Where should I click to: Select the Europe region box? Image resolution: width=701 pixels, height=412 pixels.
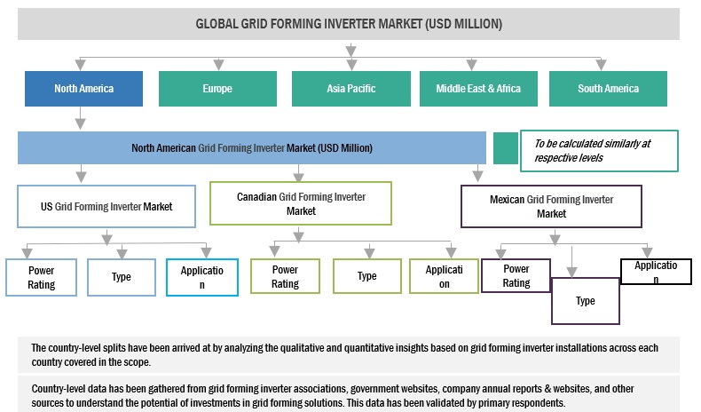pyautogui.click(x=217, y=89)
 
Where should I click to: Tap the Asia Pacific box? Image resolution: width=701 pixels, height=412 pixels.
pyautogui.click(x=350, y=89)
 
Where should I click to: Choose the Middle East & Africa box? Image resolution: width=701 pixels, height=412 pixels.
pyautogui.click(x=479, y=89)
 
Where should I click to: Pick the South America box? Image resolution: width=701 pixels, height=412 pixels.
pyautogui.click(x=608, y=89)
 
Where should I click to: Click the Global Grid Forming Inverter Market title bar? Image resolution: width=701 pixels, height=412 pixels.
pyautogui.click(x=350, y=24)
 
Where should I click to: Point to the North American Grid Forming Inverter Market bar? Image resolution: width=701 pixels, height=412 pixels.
pyautogui.click(x=252, y=147)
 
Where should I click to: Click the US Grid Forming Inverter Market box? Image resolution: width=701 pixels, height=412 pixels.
pyautogui.click(x=106, y=207)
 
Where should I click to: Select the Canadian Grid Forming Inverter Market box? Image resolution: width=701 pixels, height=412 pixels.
pyautogui.click(x=301, y=203)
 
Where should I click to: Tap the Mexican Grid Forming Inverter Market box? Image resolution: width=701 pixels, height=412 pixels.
pyautogui.click(x=551, y=206)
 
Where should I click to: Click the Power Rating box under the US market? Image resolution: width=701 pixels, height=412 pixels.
pyautogui.click(x=41, y=277)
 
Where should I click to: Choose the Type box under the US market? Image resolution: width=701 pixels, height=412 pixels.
pyautogui.click(x=122, y=277)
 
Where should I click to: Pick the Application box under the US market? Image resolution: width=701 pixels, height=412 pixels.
pyautogui.click(x=201, y=277)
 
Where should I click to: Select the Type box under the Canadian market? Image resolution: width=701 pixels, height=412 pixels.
pyautogui.click(x=366, y=276)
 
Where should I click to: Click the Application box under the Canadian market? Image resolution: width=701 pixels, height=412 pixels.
pyautogui.click(x=443, y=276)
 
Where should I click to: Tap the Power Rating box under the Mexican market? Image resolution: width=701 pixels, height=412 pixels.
pyautogui.click(x=516, y=275)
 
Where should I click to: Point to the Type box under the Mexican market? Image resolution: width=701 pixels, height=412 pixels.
pyautogui.click(x=585, y=300)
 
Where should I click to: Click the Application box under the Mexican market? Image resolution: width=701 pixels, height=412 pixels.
pyautogui.click(x=655, y=272)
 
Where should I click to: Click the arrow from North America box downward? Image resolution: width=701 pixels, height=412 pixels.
pyautogui.click(x=81, y=118)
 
